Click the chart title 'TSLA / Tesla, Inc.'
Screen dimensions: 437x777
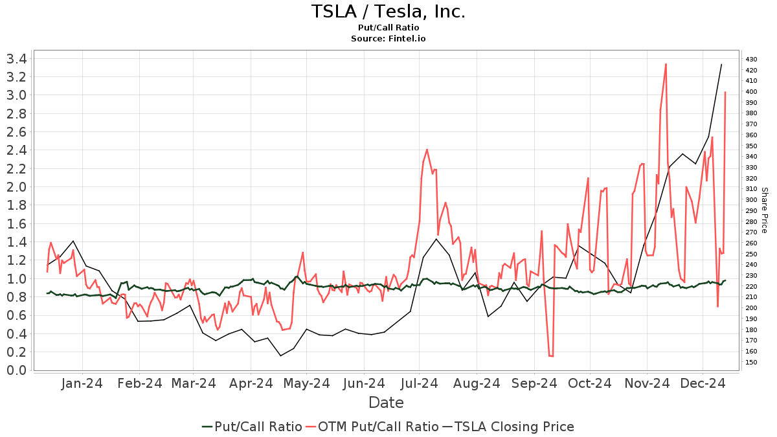point(388,12)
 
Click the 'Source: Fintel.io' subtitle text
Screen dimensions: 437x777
point(388,39)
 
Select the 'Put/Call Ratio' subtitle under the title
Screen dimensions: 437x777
point(388,28)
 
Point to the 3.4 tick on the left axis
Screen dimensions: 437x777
point(16,59)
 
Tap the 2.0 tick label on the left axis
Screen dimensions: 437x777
point(16,187)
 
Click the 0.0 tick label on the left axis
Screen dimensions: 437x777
point(16,370)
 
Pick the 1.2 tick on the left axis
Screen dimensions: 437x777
point(16,260)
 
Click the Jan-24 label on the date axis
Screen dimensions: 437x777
point(82,383)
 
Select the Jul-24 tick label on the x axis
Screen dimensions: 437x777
point(419,383)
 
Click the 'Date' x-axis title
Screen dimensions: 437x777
point(386,403)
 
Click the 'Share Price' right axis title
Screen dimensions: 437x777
point(764,210)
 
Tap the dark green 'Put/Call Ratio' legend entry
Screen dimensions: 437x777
point(252,427)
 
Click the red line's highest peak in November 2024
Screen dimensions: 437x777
point(666,63)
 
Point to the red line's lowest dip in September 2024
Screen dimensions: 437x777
point(551,356)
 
